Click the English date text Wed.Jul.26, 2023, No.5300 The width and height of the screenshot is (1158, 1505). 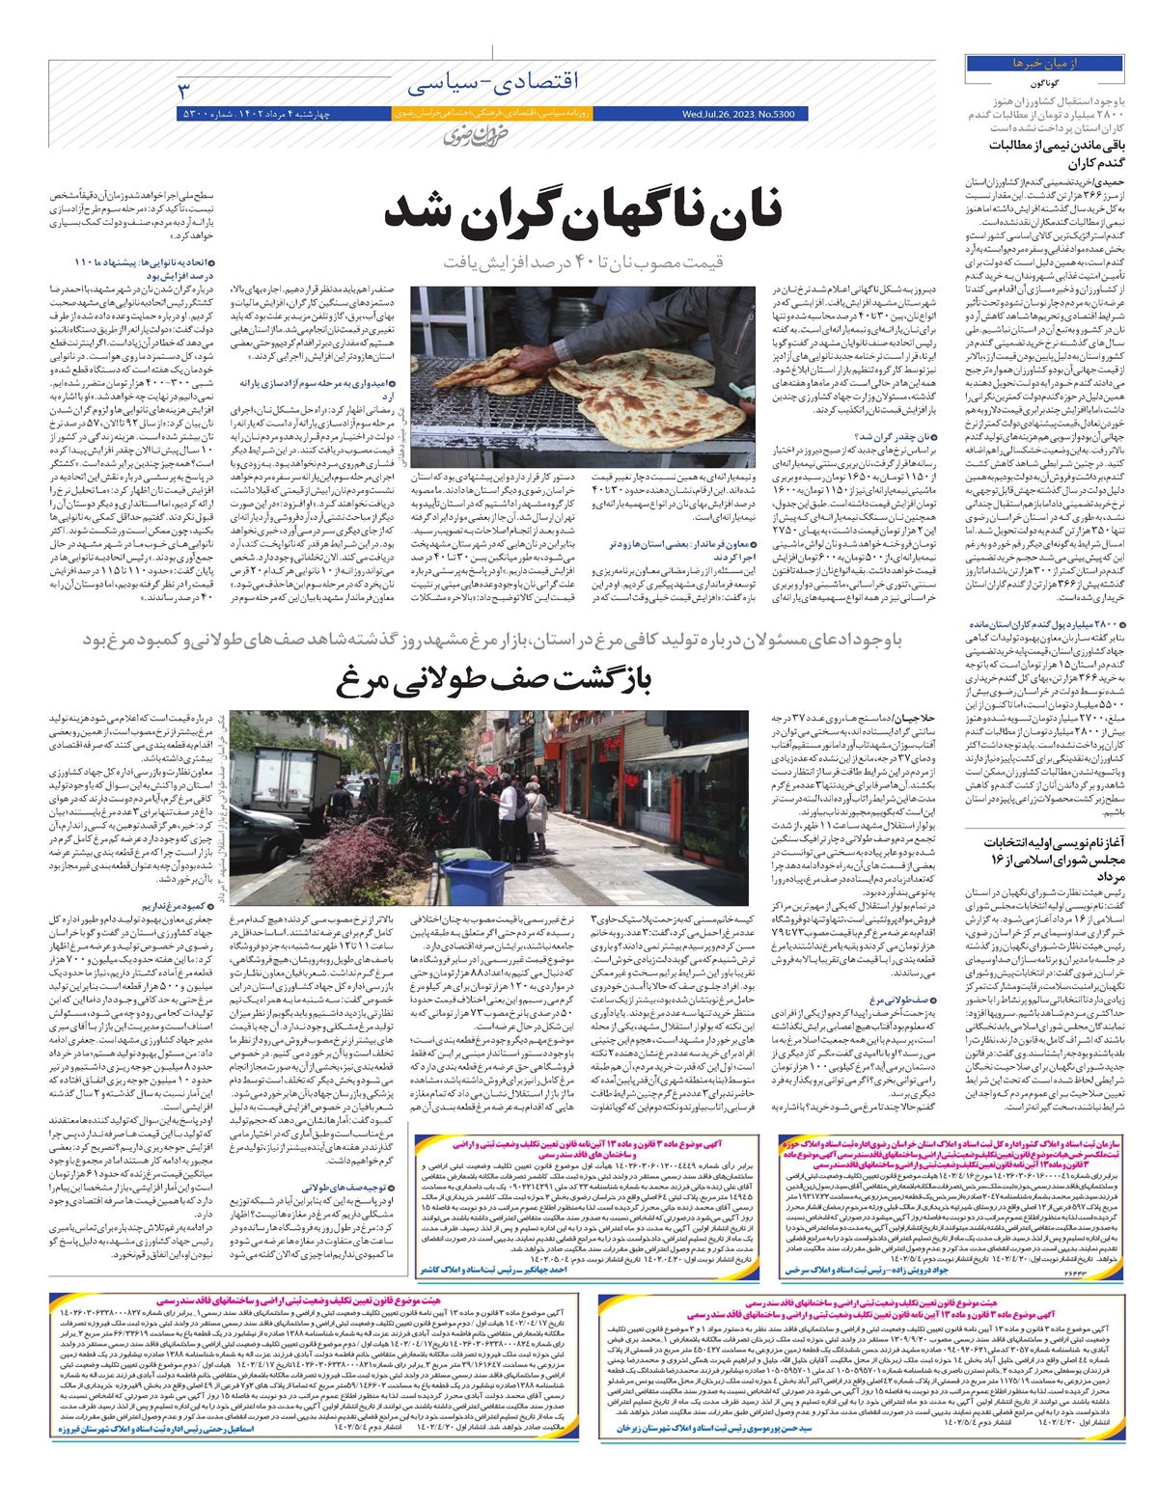tap(737, 114)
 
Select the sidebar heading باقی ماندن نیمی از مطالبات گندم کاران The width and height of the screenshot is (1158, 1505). tap(1050, 152)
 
